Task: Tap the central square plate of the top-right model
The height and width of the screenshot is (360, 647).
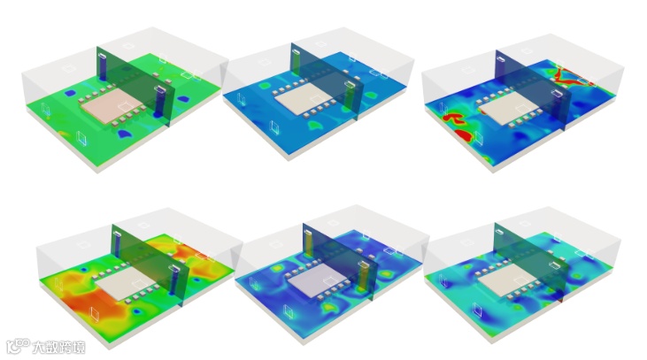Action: (510, 106)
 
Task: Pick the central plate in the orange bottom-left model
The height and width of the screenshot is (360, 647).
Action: (124, 285)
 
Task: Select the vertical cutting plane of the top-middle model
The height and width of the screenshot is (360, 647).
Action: (327, 80)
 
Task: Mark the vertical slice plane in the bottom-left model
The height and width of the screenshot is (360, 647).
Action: (150, 264)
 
